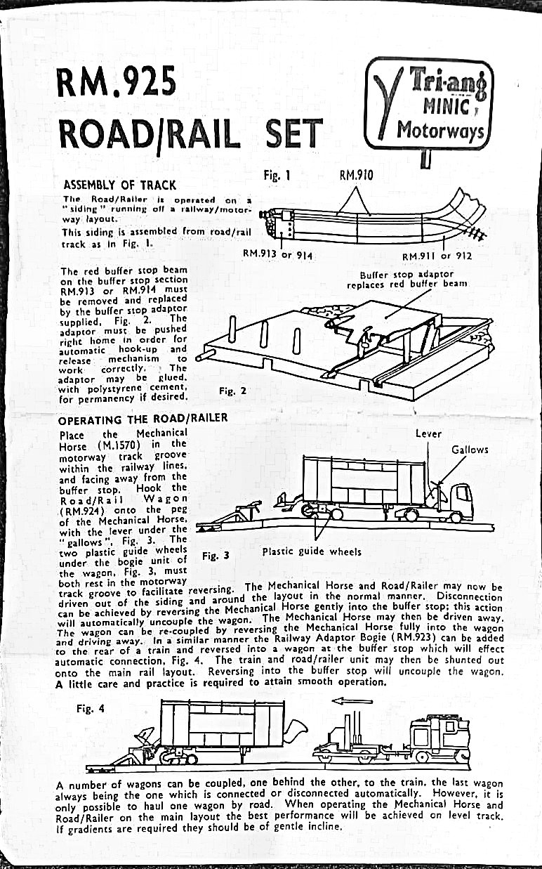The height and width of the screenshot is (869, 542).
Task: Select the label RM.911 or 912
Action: tap(436, 256)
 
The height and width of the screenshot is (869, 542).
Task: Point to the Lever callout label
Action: tap(428, 433)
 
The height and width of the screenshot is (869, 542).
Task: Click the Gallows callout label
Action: tap(470, 449)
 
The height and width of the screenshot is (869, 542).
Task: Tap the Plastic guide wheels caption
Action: tap(312, 551)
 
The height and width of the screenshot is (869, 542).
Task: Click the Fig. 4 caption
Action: tap(91, 708)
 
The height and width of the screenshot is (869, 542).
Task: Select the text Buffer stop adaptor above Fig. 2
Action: tap(407, 274)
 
